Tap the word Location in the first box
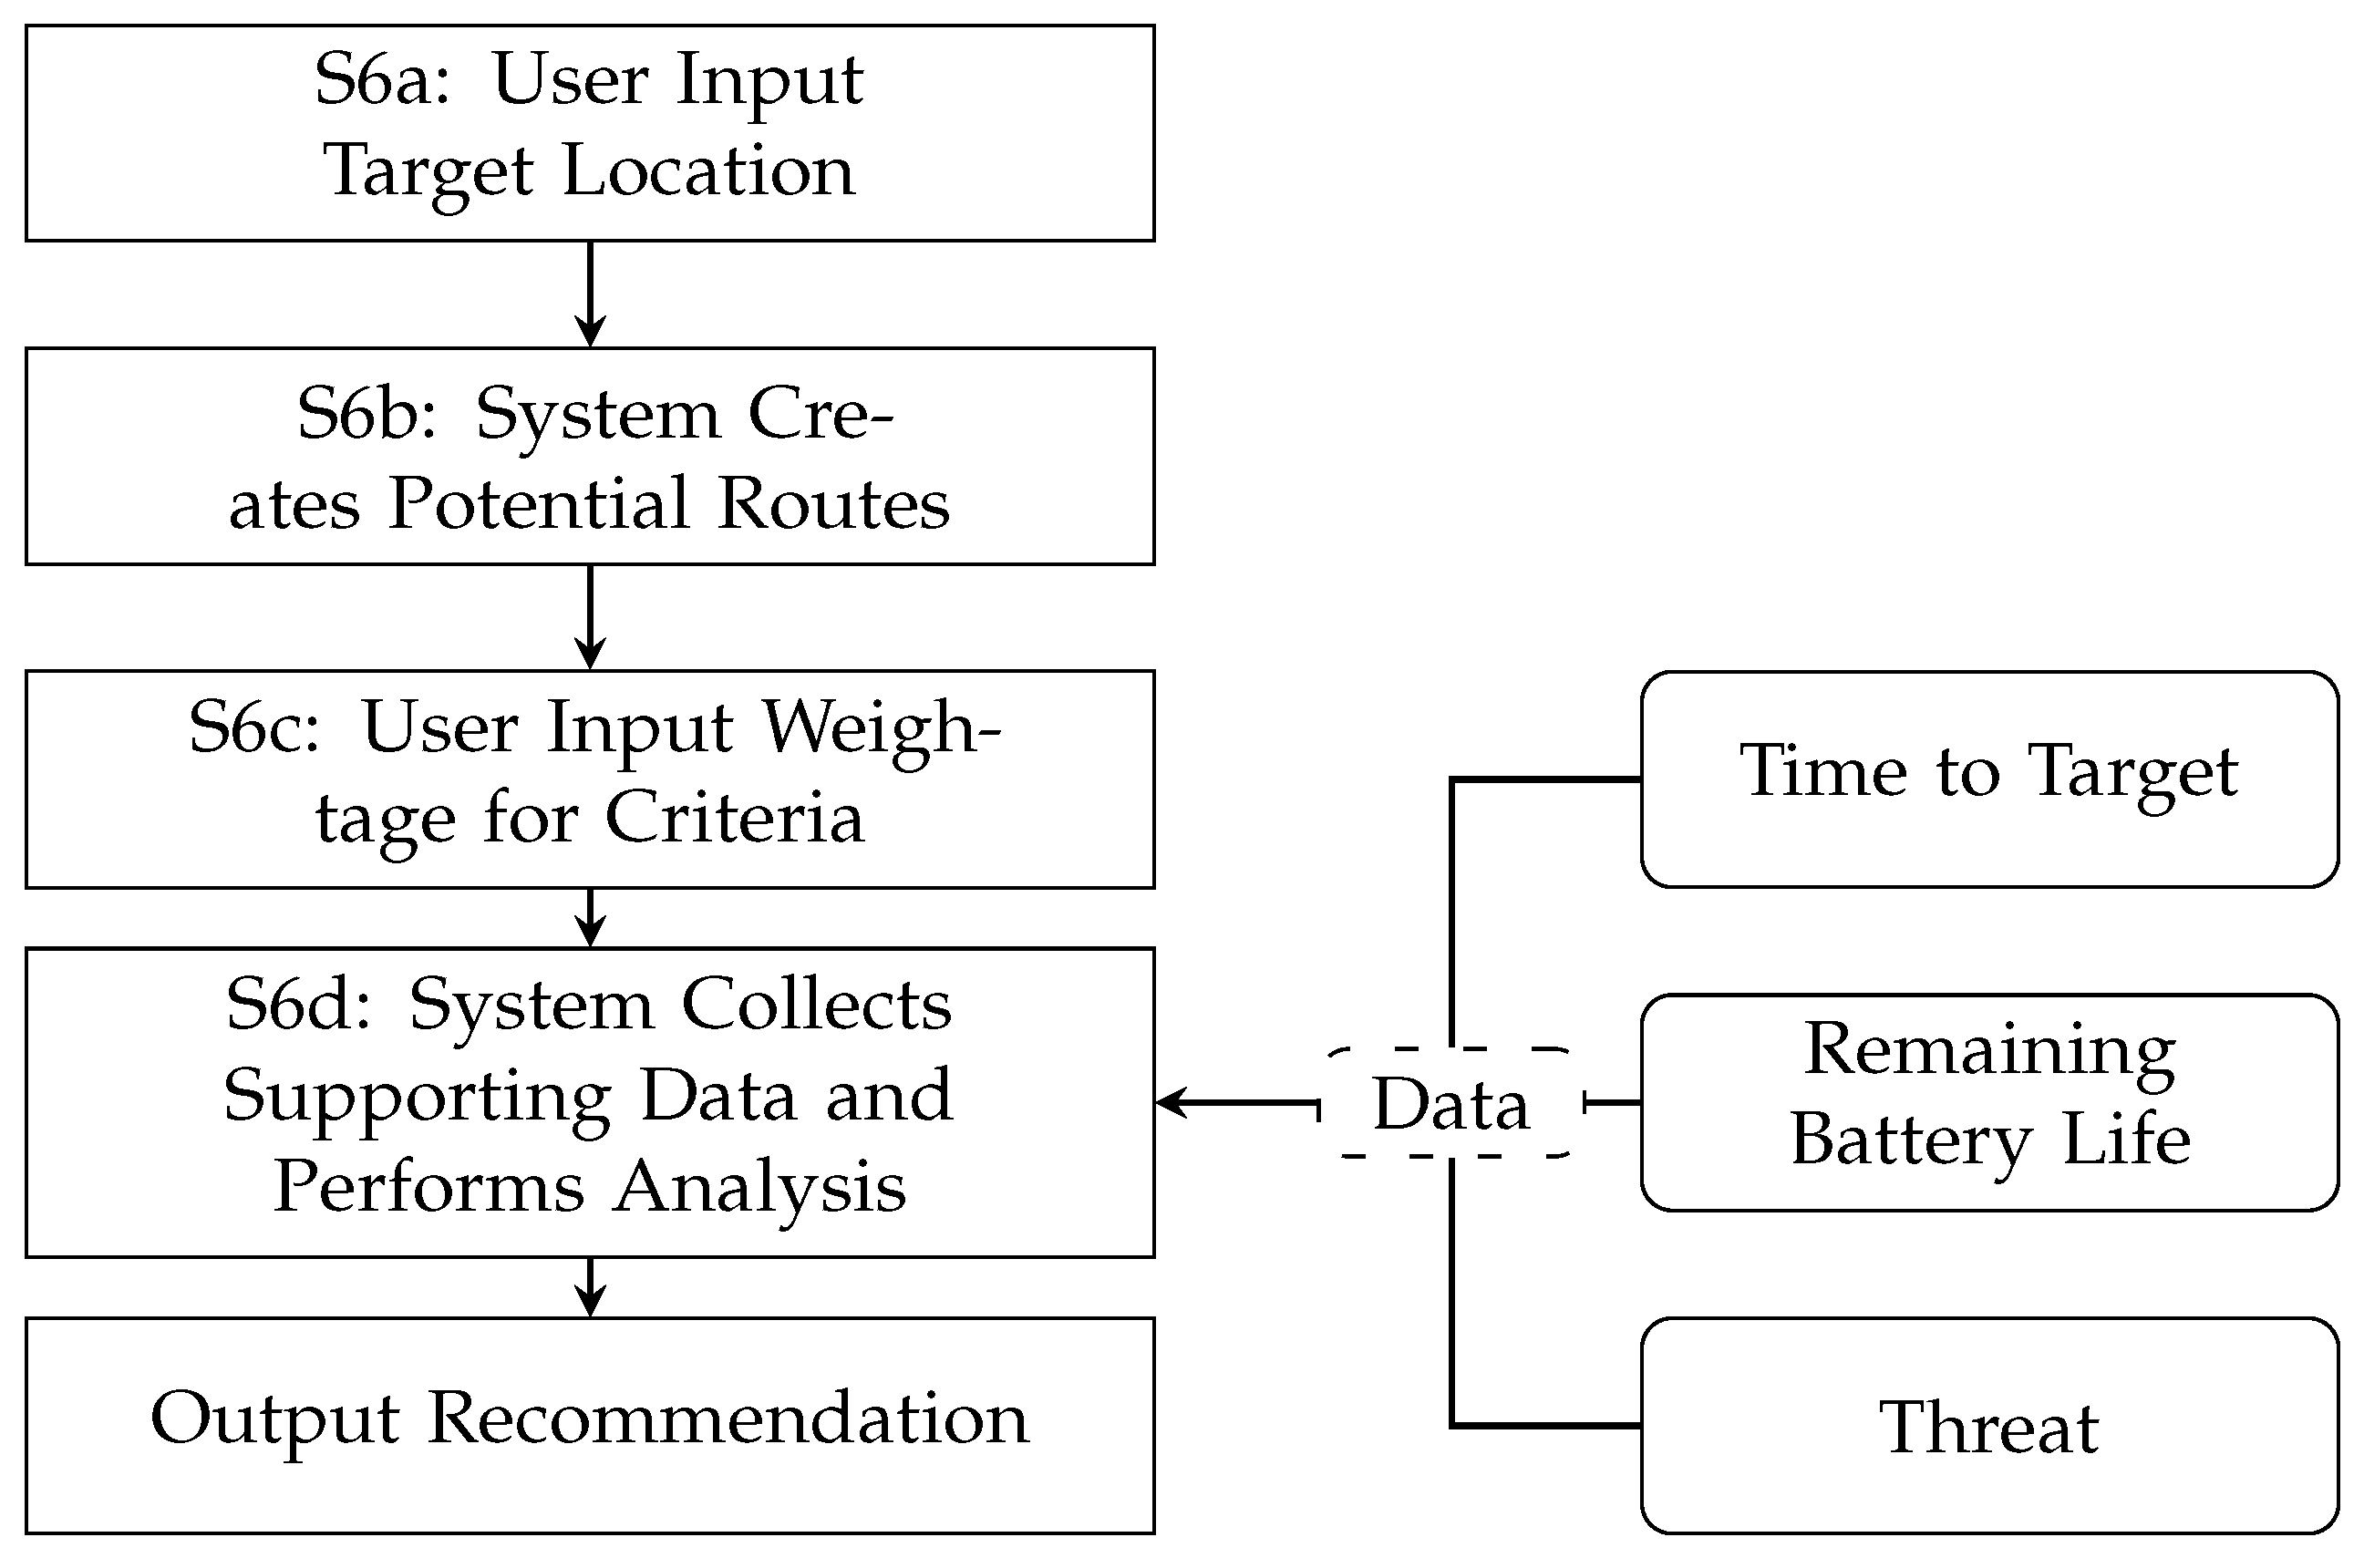tap(708, 170)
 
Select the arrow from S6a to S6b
tap(590, 294)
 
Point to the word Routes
tap(832, 504)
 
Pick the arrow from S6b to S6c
tap(590, 616)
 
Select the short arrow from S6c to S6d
tap(590, 916)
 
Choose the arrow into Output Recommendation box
tap(590, 1286)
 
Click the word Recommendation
tap(728, 1419)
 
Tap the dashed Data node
tap(1450, 1104)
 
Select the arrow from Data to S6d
tap(1237, 1102)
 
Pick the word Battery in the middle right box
tap(1911, 1140)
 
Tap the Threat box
tap(1988, 1426)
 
